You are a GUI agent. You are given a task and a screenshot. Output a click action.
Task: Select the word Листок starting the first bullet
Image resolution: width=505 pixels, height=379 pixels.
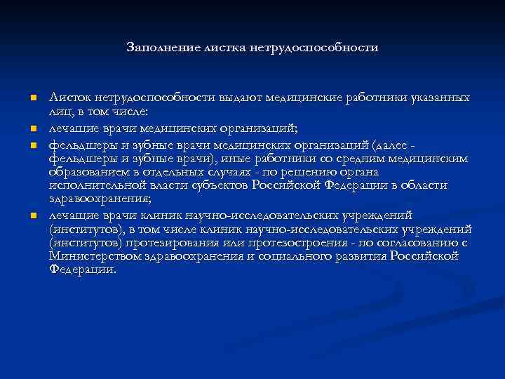[x=71, y=98]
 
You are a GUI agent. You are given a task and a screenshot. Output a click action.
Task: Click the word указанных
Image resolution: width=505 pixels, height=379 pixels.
[x=439, y=98]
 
